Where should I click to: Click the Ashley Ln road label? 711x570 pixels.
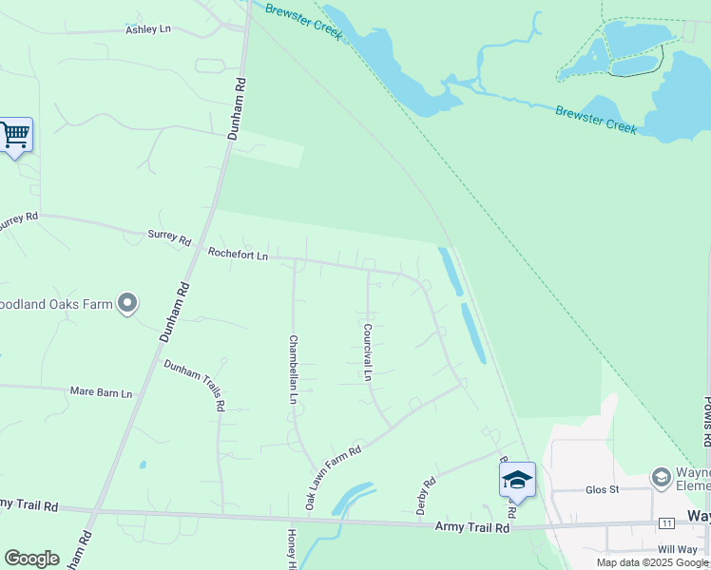147,30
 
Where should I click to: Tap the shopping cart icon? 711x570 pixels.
15,135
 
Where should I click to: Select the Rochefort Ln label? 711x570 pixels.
238,256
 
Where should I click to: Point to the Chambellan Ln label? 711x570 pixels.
294,369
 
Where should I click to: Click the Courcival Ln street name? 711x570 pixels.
367,351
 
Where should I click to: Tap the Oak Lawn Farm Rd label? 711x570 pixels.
333,478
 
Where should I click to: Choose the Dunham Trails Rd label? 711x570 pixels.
194,385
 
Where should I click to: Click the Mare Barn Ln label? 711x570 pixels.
101,391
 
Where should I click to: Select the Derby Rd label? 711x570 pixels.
426,495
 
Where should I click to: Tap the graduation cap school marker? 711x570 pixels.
517,480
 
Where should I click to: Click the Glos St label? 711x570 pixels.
602,490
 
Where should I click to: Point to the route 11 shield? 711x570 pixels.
666,523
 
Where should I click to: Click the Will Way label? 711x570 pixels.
677,549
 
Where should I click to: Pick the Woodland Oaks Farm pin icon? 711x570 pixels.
128,304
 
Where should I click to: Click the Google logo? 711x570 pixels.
31,559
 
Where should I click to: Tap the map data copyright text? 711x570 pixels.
652,562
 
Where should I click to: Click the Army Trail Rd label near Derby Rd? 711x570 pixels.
472,526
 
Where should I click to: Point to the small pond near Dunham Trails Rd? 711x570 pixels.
142,465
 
